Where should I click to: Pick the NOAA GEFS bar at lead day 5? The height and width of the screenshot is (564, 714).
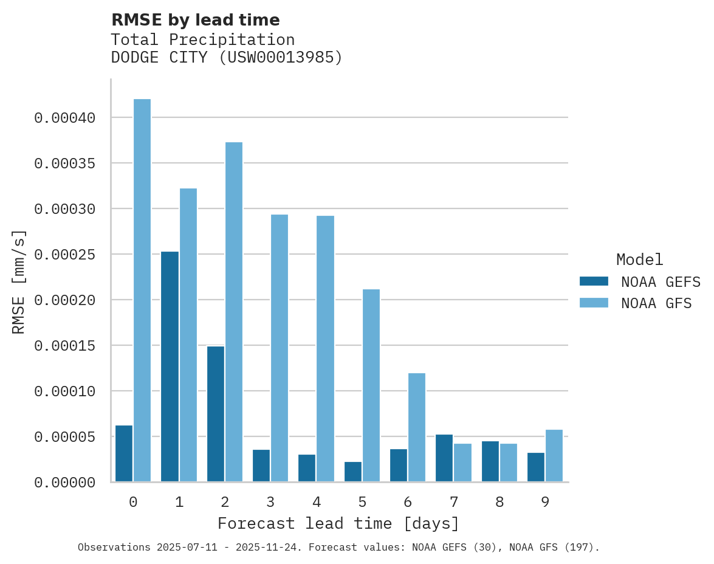[353, 472]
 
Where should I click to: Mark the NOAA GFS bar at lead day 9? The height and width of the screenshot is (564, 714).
[554, 456]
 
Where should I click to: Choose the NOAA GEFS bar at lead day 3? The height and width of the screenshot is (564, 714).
[261, 466]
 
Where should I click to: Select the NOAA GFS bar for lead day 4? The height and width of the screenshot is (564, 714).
[326, 349]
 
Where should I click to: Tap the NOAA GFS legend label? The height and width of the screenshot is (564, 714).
[656, 303]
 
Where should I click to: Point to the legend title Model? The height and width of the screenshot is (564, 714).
[639, 260]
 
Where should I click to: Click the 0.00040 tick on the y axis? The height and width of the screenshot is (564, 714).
[65, 118]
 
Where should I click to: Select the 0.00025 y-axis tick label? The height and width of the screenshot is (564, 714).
[65, 255]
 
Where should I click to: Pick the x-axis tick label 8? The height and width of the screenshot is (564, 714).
[499, 503]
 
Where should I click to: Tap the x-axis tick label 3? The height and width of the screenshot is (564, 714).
[270, 503]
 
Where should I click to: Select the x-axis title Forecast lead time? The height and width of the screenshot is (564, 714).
[338, 524]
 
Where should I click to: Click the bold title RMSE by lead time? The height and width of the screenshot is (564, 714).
[196, 20]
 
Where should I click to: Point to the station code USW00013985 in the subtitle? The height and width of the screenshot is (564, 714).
[280, 58]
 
